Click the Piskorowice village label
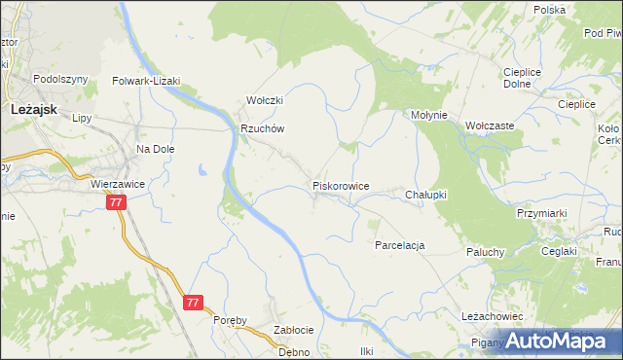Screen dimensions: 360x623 pos(340,185)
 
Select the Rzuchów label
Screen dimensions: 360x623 pos(262,128)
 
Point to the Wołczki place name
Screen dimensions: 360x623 pos(264,101)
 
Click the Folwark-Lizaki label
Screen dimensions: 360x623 pos(147,82)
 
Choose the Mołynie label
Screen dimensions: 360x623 pos(428,115)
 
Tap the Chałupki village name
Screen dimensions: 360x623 pos(425,195)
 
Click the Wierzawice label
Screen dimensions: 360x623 pos(117,183)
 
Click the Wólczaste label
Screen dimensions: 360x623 pos(490,126)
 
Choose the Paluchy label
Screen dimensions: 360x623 pos(484,252)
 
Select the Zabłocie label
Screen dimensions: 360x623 pos(293,330)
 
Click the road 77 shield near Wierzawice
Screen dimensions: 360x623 pos(116,202)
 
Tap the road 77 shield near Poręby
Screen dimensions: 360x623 pos(193,303)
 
